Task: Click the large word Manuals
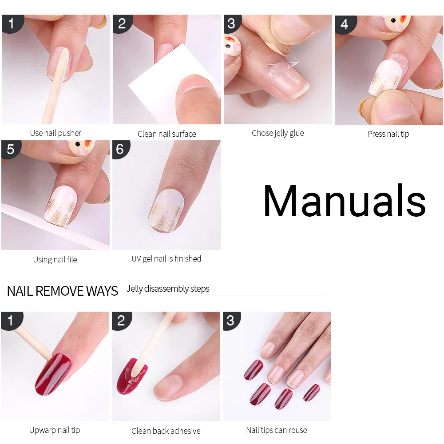(x=344, y=201)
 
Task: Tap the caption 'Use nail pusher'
(x=55, y=133)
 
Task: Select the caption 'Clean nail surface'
(x=166, y=134)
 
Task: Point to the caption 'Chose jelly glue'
(x=277, y=133)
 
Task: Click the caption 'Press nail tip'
(x=388, y=134)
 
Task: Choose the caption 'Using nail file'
(x=55, y=260)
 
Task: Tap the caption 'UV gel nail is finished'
(x=166, y=258)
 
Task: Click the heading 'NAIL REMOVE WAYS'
(x=63, y=291)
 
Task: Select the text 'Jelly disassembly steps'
(x=168, y=289)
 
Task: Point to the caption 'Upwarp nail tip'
(x=55, y=430)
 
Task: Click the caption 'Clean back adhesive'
(x=166, y=431)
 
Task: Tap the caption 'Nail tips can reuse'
(x=277, y=430)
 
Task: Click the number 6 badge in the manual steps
(x=120, y=149)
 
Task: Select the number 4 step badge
(x=344, y=24)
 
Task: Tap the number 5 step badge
(x=10, y=149)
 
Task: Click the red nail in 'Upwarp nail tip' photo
(x=53, y=374)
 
